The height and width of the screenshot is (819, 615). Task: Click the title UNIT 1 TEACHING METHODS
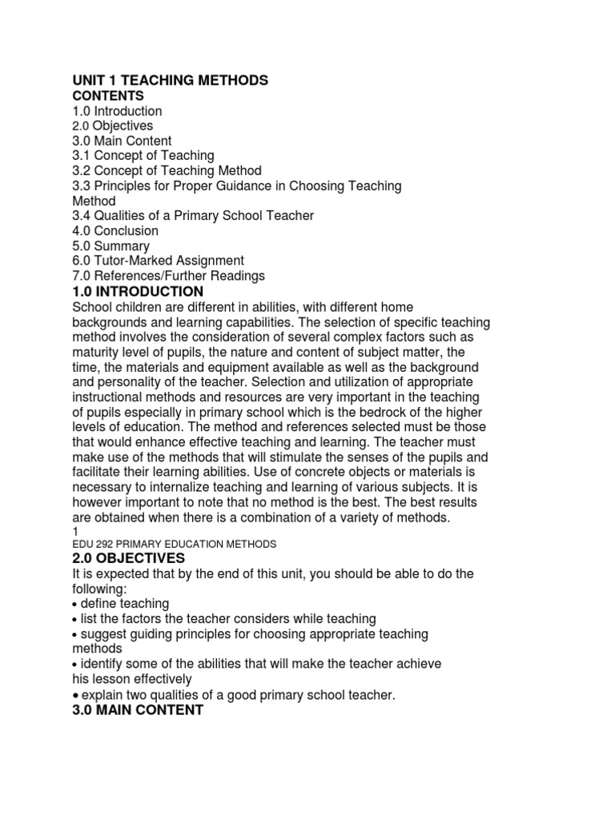click(170, 80)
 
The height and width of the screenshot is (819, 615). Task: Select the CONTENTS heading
click(108, 96)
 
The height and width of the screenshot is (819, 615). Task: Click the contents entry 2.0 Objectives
click(113, 126)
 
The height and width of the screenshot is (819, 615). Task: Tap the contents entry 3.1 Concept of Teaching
click(143, 155)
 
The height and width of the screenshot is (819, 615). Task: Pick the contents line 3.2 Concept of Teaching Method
click(167, 170)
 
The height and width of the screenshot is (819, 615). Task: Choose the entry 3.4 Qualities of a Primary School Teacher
click(193, 215)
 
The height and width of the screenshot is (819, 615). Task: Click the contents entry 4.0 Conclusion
click(115, 230)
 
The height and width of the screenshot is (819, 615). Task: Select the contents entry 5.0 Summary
click(111, 246)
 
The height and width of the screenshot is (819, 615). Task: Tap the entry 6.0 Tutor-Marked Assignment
click(159, 261)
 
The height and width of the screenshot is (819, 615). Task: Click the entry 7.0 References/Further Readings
click(168, 276)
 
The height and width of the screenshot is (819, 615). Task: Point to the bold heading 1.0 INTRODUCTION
click(138, 292)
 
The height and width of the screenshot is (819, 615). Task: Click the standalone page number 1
click(75, 531)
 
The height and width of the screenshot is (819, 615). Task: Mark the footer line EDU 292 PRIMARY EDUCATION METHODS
click(174, 544)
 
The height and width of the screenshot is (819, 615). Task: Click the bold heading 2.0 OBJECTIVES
click(129, 558)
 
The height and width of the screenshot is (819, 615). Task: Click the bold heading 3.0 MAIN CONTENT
click(138, 710)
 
